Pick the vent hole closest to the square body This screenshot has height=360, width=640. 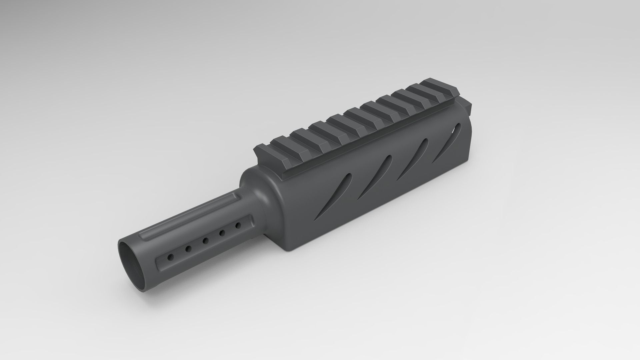238,226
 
